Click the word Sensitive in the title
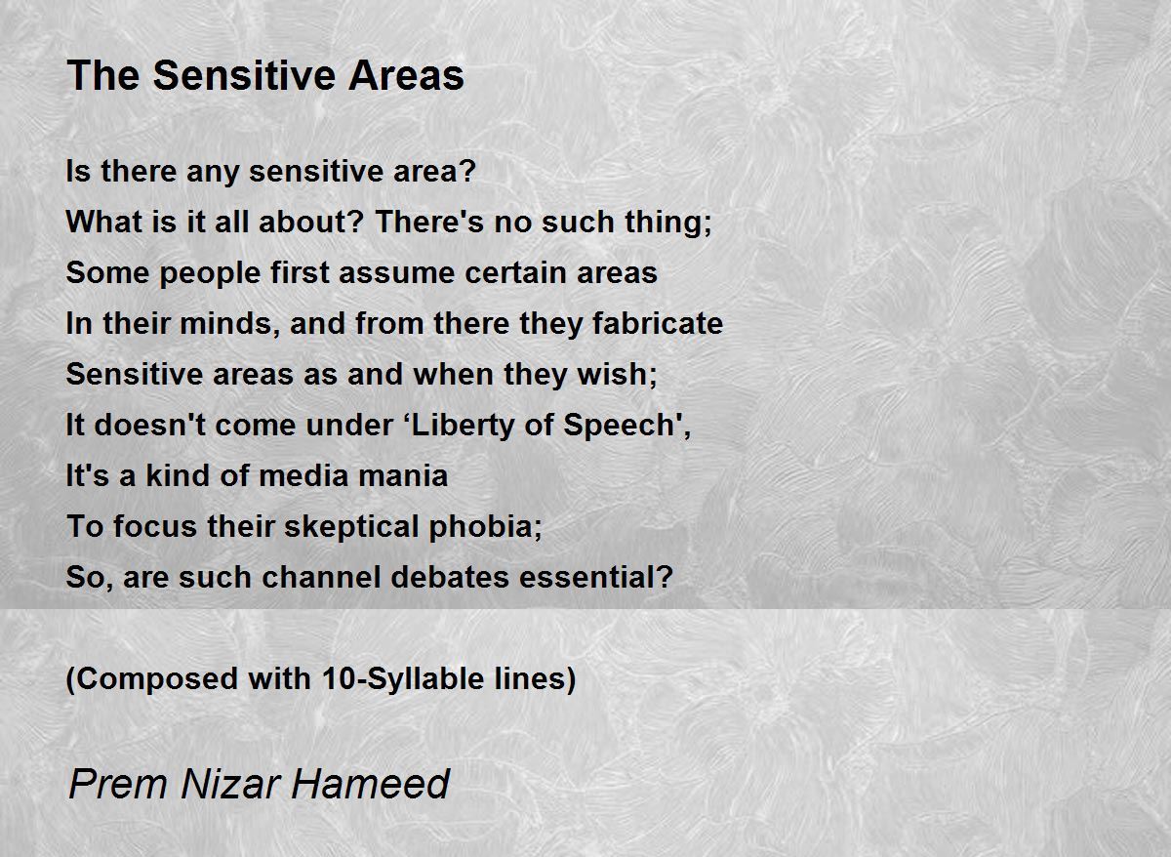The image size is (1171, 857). pyautogui.click(x=244, y=75)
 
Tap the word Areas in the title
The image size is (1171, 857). pyautogui.click(x=406, y=75)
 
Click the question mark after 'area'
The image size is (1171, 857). pyautogui.click(x=467, y=171)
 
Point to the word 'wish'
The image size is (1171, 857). pyautogui.click(x=612, y=374)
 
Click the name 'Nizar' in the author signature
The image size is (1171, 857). pyautogui.click(x=231, y=785)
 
